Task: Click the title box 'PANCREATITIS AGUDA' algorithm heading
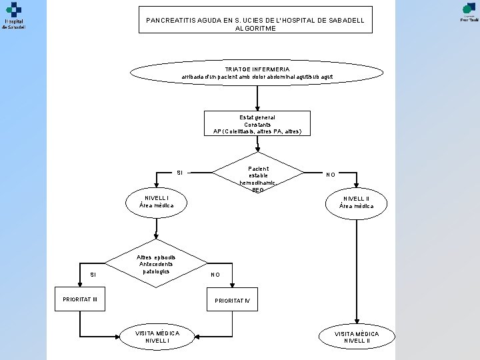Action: [255, 20]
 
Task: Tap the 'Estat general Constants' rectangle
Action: [257, 125]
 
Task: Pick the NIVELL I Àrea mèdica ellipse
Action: [156, 201]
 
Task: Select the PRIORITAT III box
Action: [80, 299]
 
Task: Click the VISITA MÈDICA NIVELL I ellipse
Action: [157, 337]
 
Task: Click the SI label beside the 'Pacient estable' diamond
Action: [179, 173]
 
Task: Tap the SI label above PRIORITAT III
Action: [93, 274]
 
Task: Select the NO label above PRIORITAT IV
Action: [215, 274]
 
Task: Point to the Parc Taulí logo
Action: [468, 11]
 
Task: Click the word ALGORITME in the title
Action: [255, 29]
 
